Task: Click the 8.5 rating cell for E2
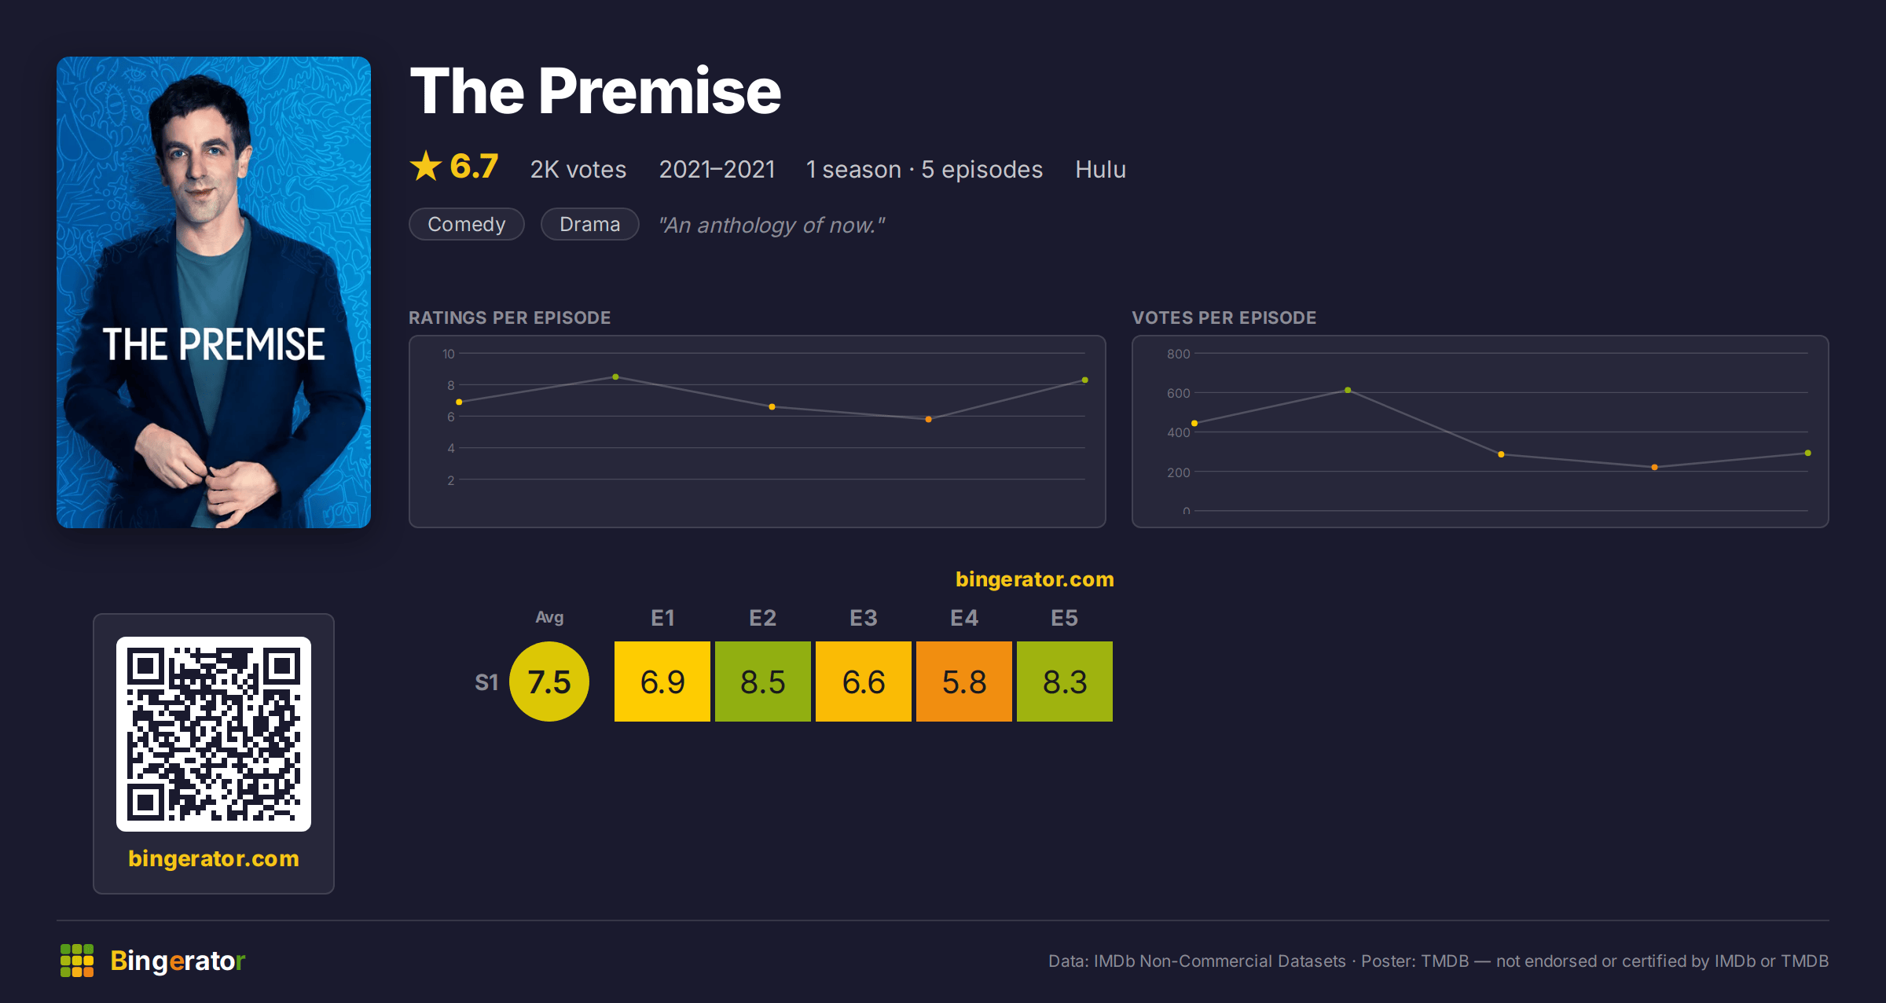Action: point(762,682)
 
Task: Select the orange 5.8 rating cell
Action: point(963,682)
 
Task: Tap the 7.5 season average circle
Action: point(549,682)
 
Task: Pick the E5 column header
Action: point(1064,618)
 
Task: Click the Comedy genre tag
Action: point(467,224)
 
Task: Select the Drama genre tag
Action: point(590,224)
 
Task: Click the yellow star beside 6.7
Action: point(426,166)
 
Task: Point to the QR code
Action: point(214,734)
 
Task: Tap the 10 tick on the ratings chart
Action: point(449,354)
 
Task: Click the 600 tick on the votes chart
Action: point(1178,393)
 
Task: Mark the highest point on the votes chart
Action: point(1348,390)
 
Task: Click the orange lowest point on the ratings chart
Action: point(928,419)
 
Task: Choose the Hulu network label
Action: point(1100,169)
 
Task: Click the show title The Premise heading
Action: point(596,91)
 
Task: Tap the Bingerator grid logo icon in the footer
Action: point(77,961)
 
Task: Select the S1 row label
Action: point(486,682)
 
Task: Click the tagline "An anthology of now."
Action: point(772,225)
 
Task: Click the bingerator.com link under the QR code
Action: point(214,858)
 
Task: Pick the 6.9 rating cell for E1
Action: point(662,682)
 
